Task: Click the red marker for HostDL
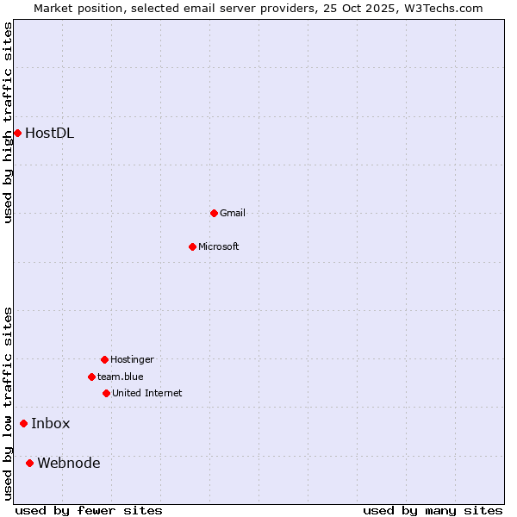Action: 17,133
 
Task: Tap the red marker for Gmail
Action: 214,213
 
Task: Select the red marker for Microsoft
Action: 192,246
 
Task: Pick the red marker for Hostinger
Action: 104,359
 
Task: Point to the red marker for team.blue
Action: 91,377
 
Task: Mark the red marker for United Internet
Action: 106,393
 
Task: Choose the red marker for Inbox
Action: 23,423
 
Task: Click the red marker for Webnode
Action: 29,463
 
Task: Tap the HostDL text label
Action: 49,133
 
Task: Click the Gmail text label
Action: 233,213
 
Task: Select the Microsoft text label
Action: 219,246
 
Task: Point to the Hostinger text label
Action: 132,359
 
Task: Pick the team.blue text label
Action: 121,377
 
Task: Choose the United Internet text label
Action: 147,393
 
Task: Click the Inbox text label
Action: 51,423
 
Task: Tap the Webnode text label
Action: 69,463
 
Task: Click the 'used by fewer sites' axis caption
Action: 89,510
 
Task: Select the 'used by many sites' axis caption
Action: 433,510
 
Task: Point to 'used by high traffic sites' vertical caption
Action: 8,123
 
